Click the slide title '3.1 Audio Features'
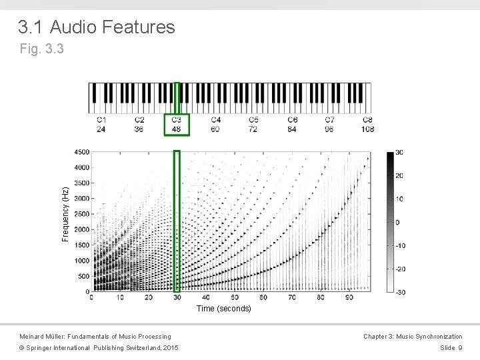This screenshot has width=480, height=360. click(96, 27)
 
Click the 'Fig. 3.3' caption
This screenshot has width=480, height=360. click(42, 49)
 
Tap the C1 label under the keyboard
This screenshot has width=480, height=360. click(101, 120)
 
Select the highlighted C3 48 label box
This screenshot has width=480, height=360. click(177, 125)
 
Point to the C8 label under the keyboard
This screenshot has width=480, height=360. click(368, 120)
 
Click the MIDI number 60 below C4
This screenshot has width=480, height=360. click(215, 129)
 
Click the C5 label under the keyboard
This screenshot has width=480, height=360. click(254, 120)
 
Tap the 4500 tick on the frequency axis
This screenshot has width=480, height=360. click(81, 152)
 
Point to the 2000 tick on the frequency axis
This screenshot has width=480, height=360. click(81, 229)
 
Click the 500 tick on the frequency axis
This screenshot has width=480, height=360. click(83, 276)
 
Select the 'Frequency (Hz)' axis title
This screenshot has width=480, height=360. click(65, 214)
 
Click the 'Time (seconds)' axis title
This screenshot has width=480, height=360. click(223, 309)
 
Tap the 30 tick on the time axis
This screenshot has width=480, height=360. click(177, 297)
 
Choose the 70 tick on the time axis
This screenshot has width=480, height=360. click(292, 297)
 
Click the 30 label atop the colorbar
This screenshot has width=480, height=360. click(399, 153)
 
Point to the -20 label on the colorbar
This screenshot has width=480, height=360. click(401, 269)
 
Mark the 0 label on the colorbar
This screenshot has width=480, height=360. click(397, 222)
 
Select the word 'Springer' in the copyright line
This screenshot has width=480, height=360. click(43, 347)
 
